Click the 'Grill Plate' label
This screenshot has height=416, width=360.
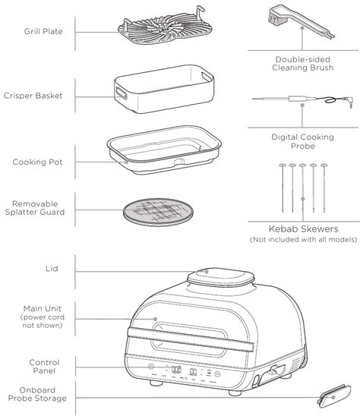43,31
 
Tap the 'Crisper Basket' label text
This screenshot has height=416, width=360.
33,96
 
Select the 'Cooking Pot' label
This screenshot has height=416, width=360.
37,162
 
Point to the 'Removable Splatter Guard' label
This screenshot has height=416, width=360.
35,208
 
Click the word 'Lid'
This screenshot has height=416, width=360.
52,269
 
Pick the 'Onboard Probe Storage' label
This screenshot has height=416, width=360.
37,394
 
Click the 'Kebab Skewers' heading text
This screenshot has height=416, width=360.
304,228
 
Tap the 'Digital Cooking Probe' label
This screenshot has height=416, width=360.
302,141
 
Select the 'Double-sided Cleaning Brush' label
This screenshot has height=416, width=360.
302,64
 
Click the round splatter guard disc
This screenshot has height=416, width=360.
158,212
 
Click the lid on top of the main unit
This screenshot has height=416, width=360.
221,277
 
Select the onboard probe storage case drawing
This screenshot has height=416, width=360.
334,396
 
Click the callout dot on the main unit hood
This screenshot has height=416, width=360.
155,319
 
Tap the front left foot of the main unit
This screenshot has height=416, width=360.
156,383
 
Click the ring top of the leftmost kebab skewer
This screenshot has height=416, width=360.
283,165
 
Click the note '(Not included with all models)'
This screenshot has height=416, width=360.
304,240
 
